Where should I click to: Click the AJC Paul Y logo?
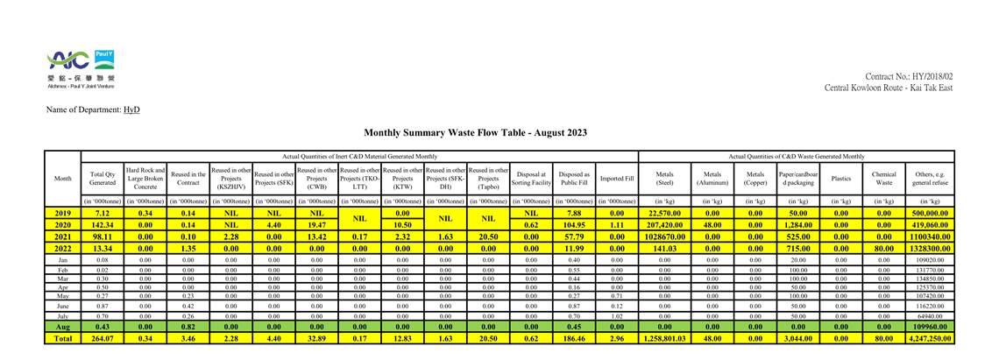(x=81, y=67)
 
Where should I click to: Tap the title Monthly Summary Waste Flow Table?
(x=475, y=132)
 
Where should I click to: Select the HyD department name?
(x=131, y=109)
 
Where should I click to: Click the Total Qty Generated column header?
(x=103, y=179)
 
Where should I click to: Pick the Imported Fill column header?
(x=617, y=179)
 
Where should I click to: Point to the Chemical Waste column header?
(x=883, y=179)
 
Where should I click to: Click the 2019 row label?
(x=62, y=213)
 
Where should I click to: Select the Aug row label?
(x=62, y=326)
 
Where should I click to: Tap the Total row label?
(x=62, y=337)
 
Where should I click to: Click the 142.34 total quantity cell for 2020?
(x=103, y=224)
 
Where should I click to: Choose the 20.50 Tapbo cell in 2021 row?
(x=488, y=236)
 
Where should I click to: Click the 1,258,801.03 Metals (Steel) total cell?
(x=664, y=337)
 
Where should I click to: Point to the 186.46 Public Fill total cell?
(x=574, y=337)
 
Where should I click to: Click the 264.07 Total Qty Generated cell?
(x=103, y=337)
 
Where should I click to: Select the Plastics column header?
(x=840, y=179)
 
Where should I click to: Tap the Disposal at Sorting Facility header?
(x=531, y=179)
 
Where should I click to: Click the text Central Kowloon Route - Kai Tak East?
(x=888, y=88)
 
